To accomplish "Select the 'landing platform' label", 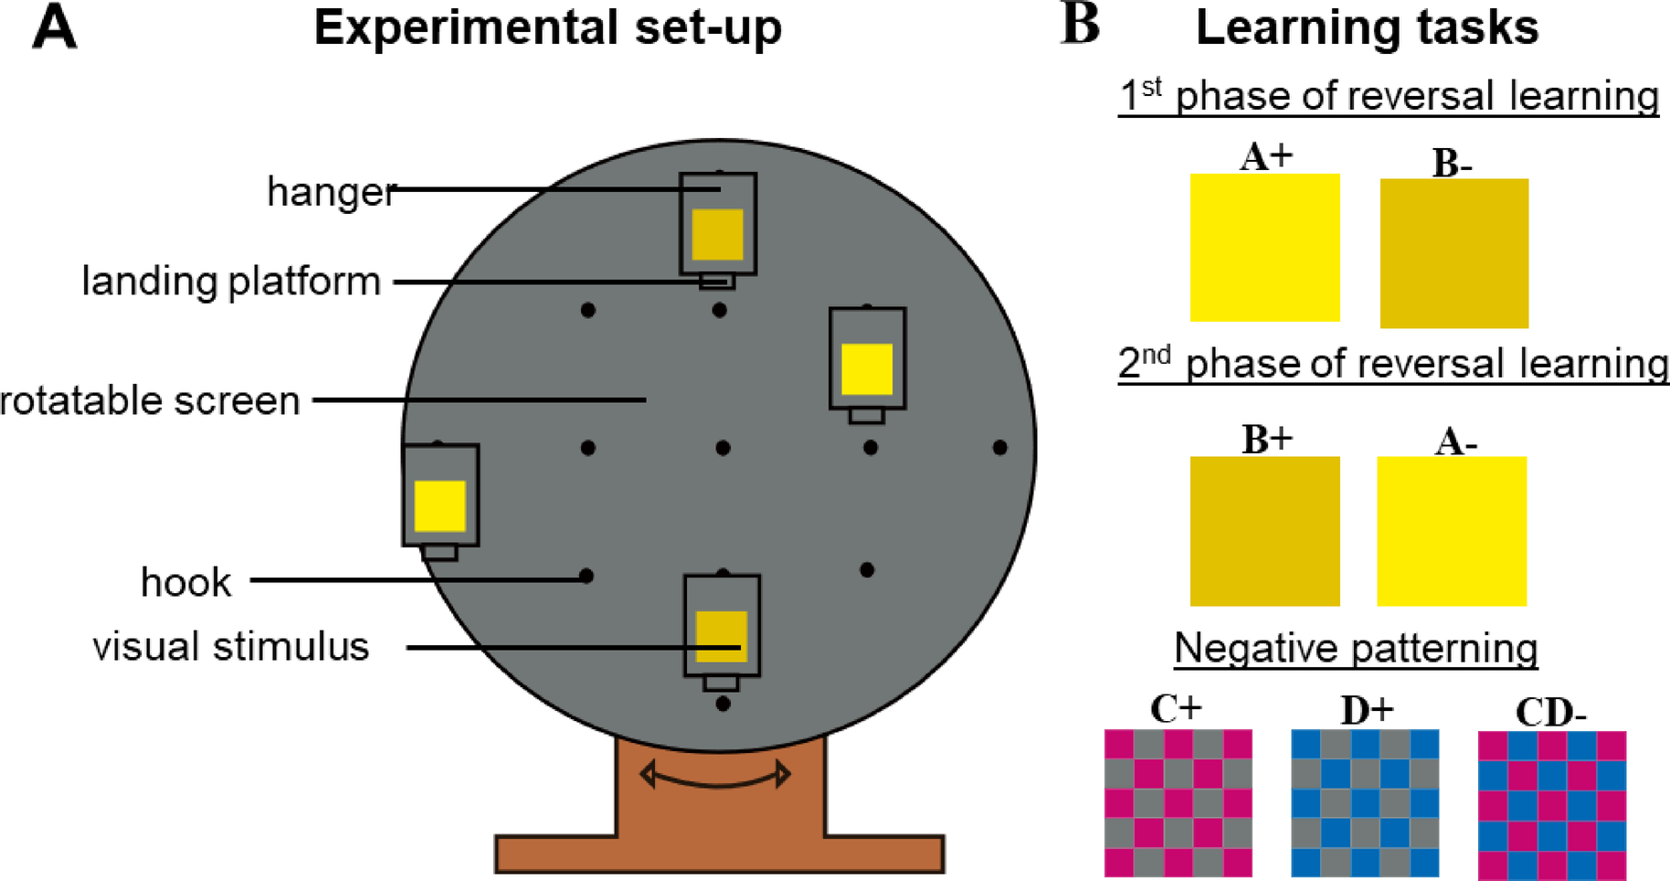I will point(231,281).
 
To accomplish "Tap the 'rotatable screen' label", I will point(150,401).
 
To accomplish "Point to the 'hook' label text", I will point(185,582).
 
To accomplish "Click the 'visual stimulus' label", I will point(231,647).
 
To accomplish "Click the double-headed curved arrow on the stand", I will point(715,776).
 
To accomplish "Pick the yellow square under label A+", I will point(1264,248).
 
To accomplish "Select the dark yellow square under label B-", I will point(1453,253).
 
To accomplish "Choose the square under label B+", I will point(1264,531).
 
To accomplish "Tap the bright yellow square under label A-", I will point(1451,531).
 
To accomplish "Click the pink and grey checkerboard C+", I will point(1178,802).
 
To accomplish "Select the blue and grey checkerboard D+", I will point(1365,802).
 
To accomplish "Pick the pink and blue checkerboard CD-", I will point(1551,805).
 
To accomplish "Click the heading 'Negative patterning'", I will point(1356,649).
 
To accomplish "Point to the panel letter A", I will point(54,27).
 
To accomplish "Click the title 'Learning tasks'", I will point(1367,27).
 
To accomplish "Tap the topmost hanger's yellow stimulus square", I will point(717,235).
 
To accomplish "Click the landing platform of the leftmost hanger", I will point(439,553).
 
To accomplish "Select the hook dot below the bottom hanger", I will point(723,705).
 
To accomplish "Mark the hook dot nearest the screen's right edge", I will point(999,448).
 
